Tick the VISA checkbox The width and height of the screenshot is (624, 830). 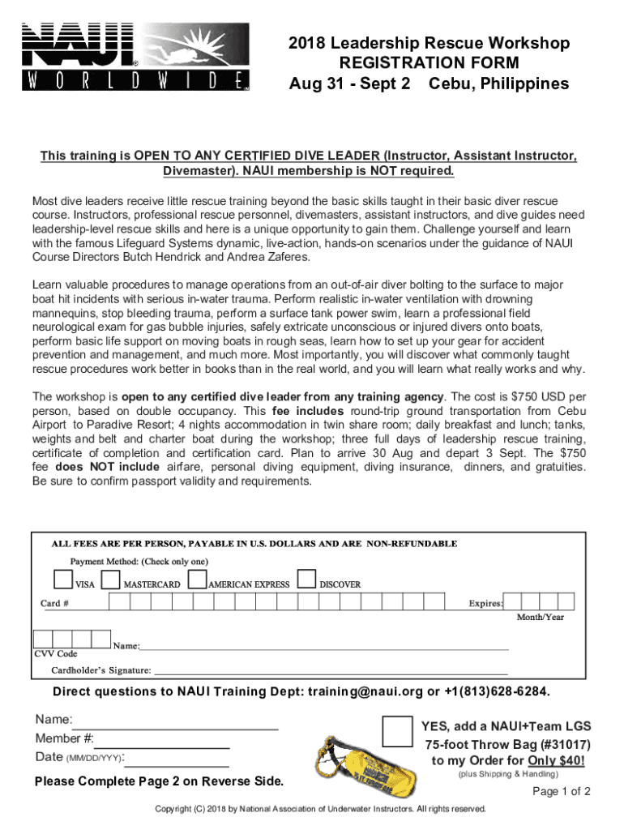click(x=62, y=578)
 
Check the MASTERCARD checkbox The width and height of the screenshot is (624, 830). click(x=111, y=578)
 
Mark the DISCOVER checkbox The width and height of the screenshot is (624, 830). click(x=306, y=578)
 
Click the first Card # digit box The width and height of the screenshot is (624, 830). click(x=118, y=602)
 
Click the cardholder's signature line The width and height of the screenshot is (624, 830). click(x=331, y=672)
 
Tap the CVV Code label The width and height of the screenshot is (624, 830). click(x=56, y=653)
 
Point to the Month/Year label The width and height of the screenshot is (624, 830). click(x=541, y=618)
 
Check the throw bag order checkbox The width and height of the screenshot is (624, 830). click(x=396, y=731)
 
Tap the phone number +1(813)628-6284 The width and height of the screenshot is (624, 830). click(x=497, y=692)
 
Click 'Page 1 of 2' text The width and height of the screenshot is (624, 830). click(x=561, y=792)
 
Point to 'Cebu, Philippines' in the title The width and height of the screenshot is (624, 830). click(x=498, y=84)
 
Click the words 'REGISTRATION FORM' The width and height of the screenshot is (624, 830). click(x=429, y=63)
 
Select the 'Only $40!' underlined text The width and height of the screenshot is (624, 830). click(x=555, y=760)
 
